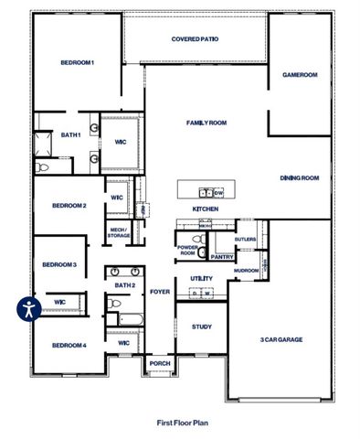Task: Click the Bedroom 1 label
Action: click(78, 62)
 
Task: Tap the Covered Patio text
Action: click(196, 39)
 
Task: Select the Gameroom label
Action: click(299, 75)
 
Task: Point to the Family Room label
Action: click(206, 123)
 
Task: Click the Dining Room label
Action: click(299, 178)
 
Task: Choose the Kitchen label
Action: click(205, 209)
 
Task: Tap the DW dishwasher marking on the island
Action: click(218, 193)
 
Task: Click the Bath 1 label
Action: click(71, 135)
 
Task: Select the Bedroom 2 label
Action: click(69, 206)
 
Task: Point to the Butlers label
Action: click(245, 240)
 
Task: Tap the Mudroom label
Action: click(246, 271)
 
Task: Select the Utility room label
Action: click(201, 278)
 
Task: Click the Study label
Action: click(201, 327)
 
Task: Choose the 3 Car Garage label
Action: click(281, 339)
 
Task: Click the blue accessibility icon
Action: click(28, 308)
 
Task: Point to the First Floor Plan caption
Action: click(182, 423)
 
